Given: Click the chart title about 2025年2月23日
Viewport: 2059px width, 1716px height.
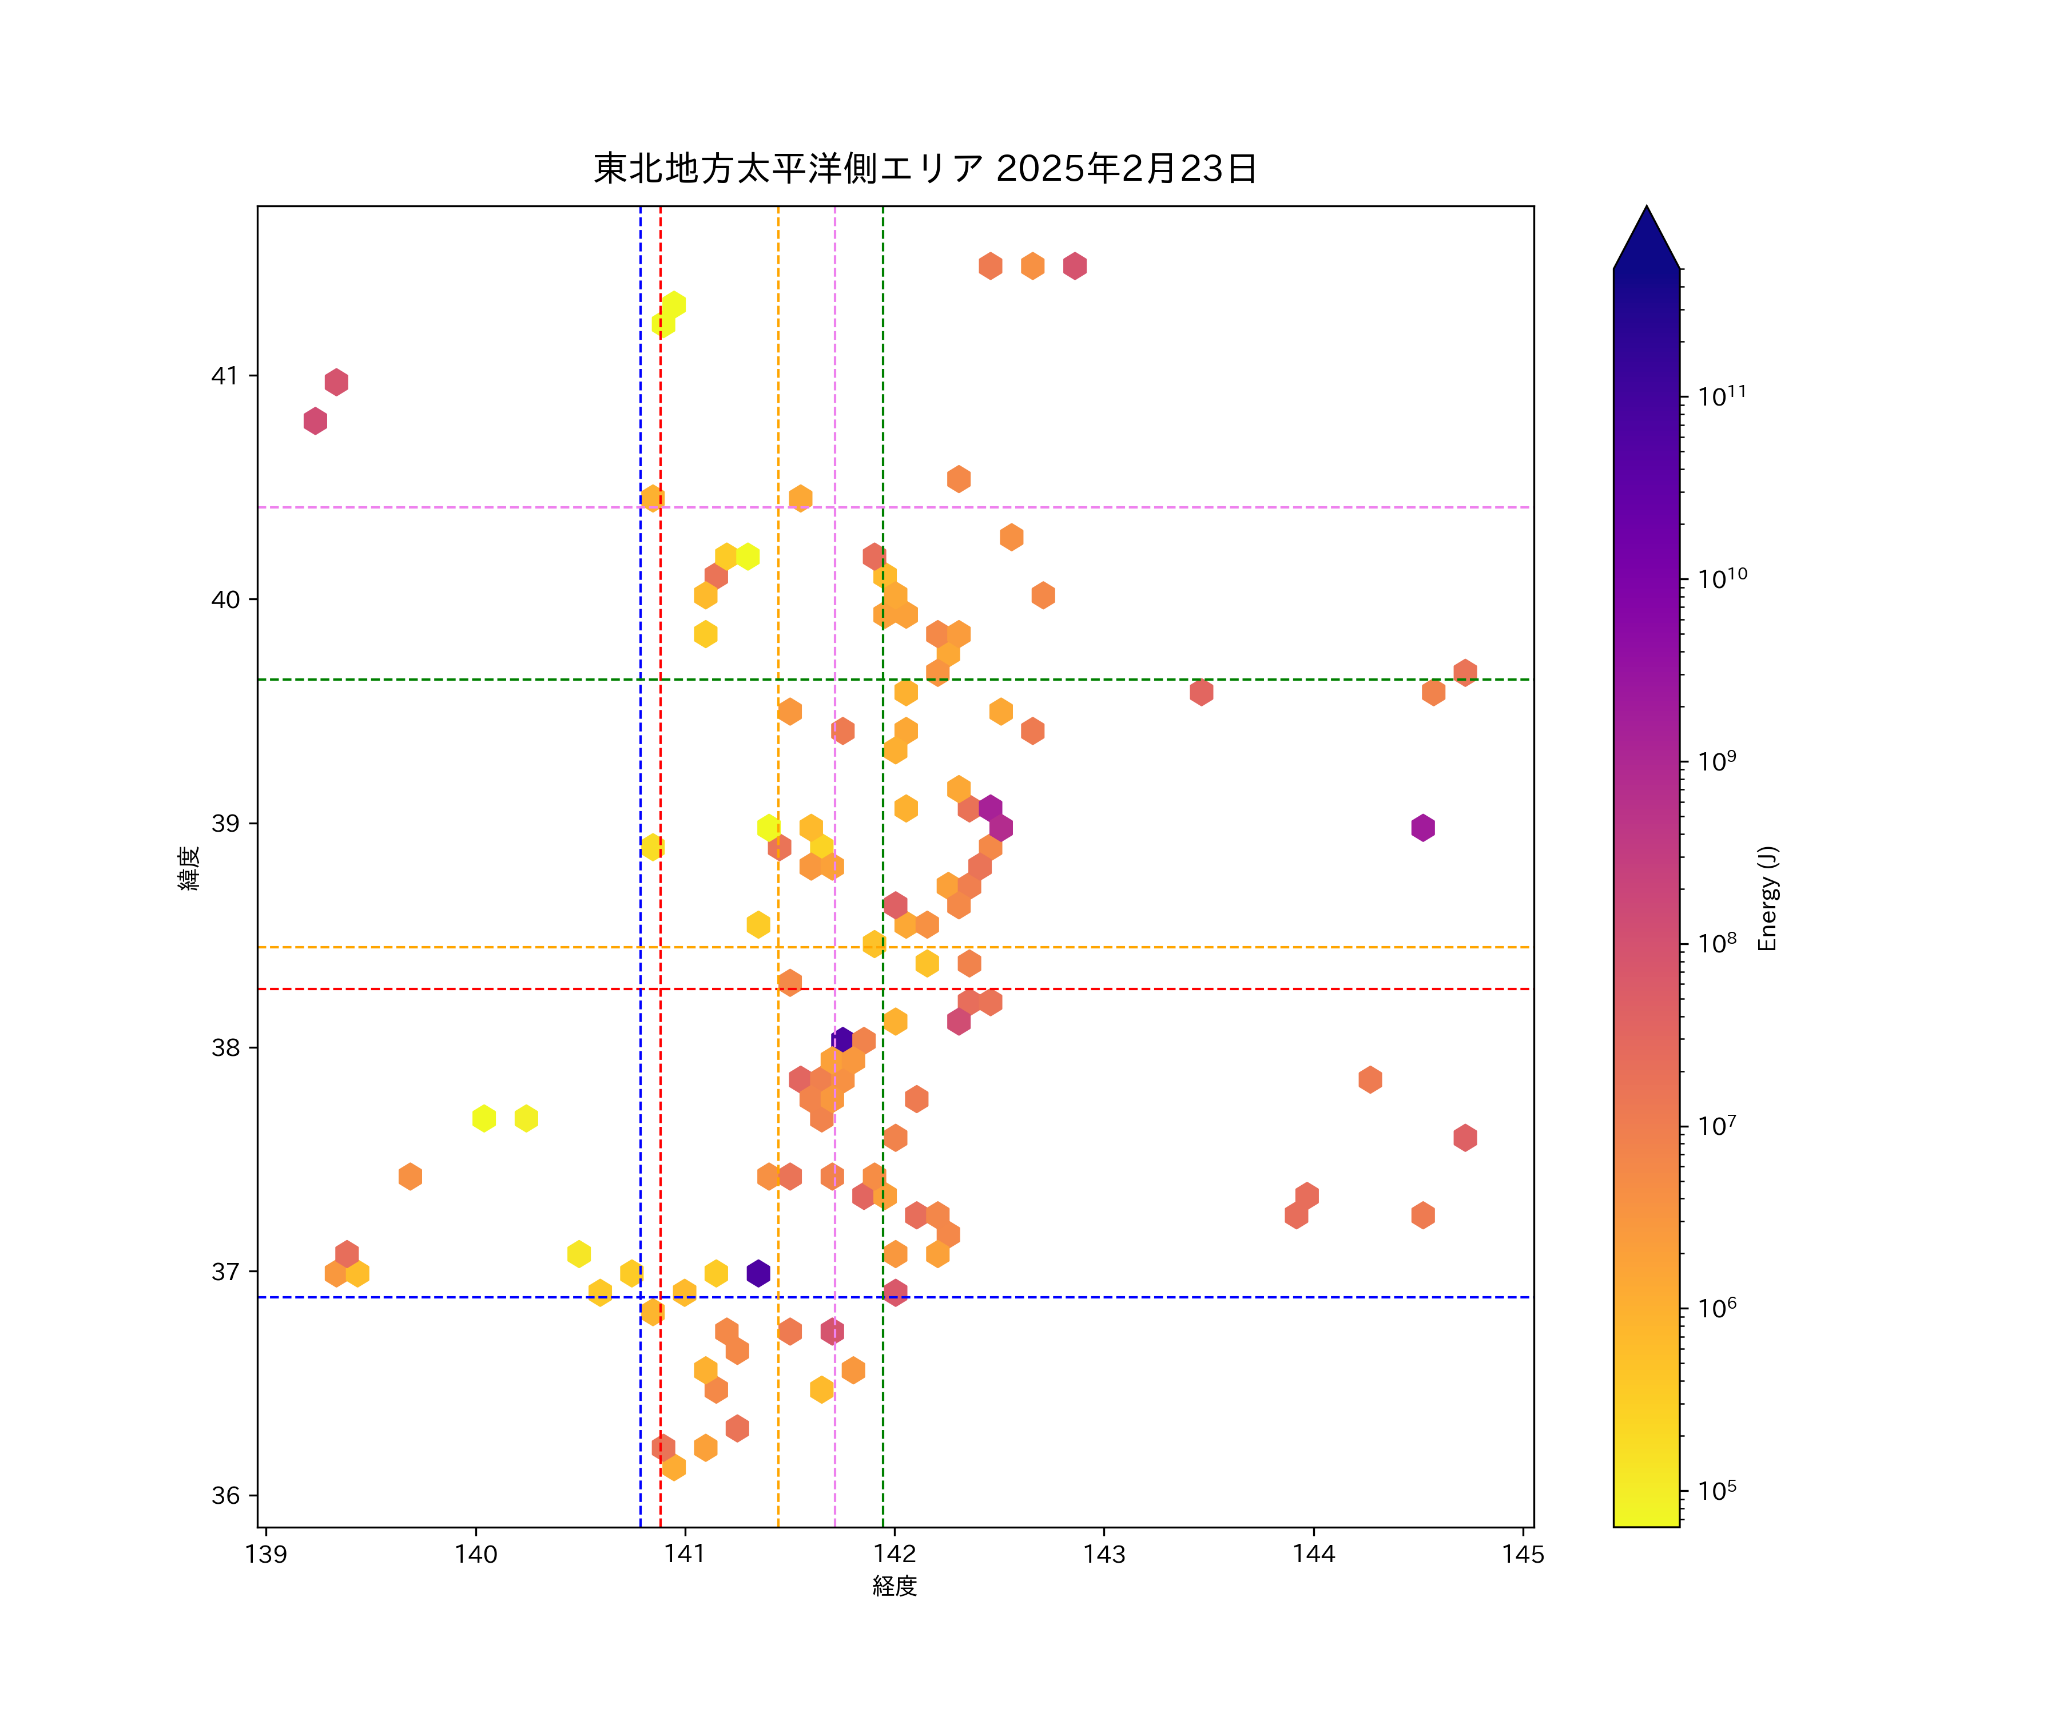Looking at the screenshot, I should pos(925,169).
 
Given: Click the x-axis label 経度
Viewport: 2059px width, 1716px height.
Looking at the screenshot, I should pos(894,1586).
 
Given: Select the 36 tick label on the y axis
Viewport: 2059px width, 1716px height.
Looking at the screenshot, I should pos(225,1495).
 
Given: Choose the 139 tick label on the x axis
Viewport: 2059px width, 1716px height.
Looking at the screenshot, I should pos(266,1554).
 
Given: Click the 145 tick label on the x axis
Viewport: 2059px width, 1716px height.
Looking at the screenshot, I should pos(1523,1554).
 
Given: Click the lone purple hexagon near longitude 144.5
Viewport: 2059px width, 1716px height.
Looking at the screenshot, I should pos(1422,828).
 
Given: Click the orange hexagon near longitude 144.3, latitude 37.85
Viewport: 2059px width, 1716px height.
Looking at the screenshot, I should pos(1370,1079).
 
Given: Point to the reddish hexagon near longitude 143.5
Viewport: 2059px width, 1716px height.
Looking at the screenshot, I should pos(1201,692).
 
